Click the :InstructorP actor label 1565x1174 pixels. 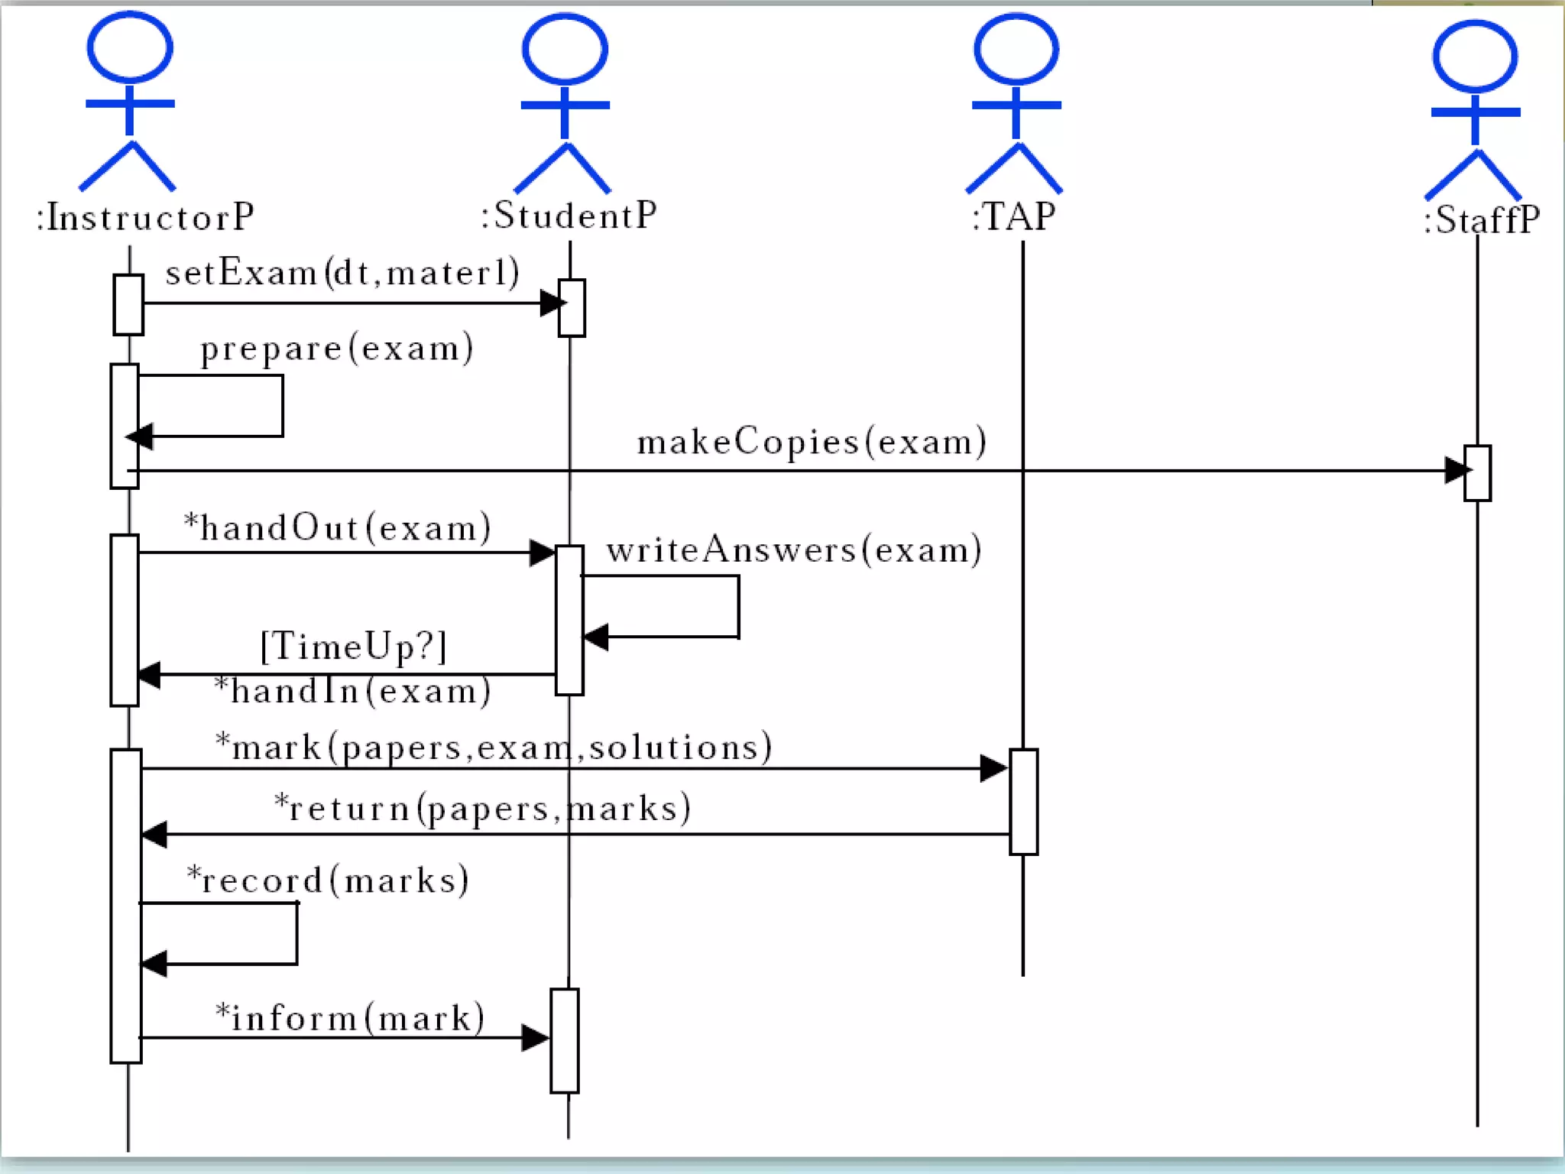point(145,218)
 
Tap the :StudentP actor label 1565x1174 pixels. point(569,216)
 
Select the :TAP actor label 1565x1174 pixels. point(1014,217)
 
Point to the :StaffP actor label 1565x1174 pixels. point(1481,220)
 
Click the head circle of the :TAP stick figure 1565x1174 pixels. point(1016,49)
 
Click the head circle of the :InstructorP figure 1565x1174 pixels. point(130,47)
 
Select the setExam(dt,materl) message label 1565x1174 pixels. point(342,273)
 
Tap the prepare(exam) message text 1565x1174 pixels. point(336,349)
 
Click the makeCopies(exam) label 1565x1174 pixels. point(812,443)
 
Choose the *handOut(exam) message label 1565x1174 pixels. point(337,528)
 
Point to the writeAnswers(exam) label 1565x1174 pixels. point(794,550)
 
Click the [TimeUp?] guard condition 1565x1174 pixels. point(353,647)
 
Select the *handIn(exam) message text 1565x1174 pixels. point(352,691)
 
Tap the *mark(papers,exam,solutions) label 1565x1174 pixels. point(494,747)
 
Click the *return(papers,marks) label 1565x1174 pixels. point(482,808)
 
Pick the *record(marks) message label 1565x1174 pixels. point(328,880)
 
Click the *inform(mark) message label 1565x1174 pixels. point(350,1018)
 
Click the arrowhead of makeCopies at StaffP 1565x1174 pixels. point(1456,471)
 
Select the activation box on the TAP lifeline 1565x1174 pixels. point(1023,801)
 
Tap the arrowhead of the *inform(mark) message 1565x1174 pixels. point(535,1038)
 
